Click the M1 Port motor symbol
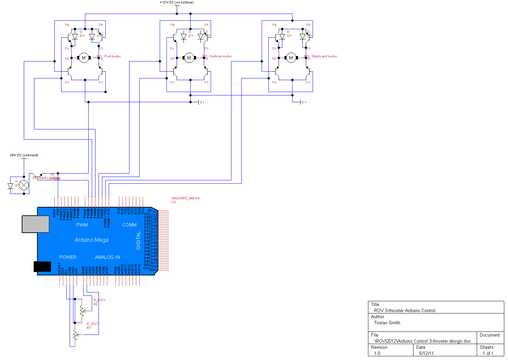[84, 58]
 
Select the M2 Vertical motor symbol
[189, 58]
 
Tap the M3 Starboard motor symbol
[291, 58]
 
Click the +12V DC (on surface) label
[176, 2]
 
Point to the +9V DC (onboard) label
[24, 155]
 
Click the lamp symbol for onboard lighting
[24, 185]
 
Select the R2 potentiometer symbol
[82, 310]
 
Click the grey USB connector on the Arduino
[36, 224]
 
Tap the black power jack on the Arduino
[42, 267]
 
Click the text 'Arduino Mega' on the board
[91, 240]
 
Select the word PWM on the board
[82, 225]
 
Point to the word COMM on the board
[129, 225]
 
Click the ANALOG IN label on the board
[107, 257]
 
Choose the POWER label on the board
[68, 257]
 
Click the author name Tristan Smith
[387, 323]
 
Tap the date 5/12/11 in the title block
[426, 353]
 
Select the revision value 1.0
[377, 353]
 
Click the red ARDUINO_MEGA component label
[186, 198]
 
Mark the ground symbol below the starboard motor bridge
[302, 102]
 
